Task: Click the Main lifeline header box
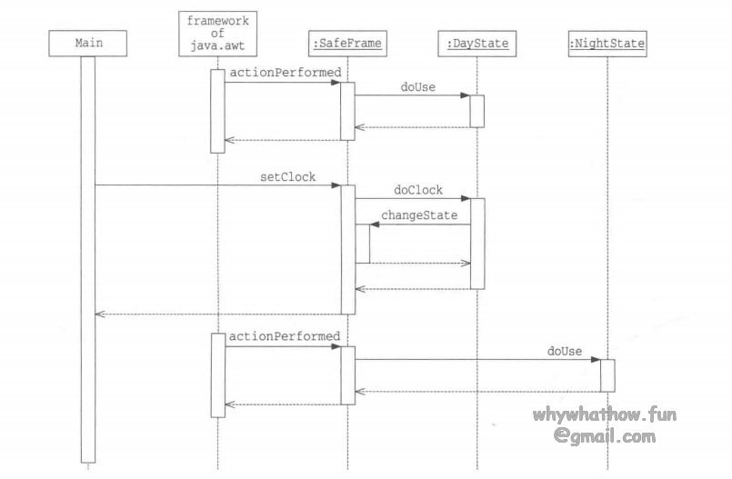[x=87, y=43]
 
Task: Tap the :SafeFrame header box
[x=347, y=43]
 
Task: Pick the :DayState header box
[x=476, y=43]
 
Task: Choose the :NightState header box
[x=607, y=43]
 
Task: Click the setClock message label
[x=287, y=177]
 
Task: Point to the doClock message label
[x=417, y=190]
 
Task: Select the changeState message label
[x=419, y=216]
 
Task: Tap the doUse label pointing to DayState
[x=417, y=86]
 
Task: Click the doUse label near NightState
[x=564, y=350]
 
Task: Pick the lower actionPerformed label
[x=284, y=336]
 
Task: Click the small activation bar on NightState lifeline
[x=607, y=375]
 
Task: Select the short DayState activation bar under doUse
[x=476, y=111]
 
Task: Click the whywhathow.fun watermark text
[x=606, y=416]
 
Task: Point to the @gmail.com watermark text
[x=606, y=436]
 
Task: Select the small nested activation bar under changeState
[x=362, y=244]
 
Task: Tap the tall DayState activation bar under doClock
[x=476, y=244]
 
